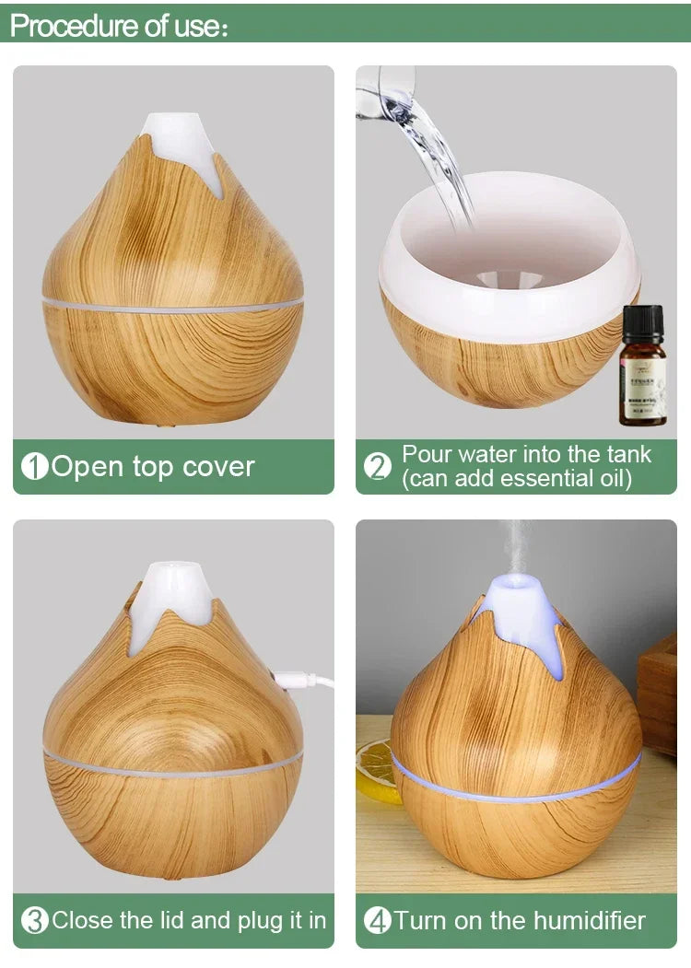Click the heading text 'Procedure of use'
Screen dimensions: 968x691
(118, 26)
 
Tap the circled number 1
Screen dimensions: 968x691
(34, 467)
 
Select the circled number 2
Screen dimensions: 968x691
(378, 467)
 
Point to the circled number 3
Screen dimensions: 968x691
(34, 920)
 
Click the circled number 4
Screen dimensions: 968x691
(378, 920)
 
